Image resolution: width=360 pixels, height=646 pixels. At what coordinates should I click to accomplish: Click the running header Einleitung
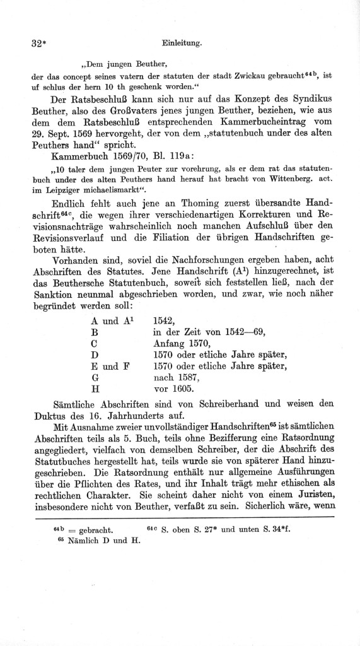(182, 44)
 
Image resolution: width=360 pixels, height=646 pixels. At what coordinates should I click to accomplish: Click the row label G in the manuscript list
(95, 378)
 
